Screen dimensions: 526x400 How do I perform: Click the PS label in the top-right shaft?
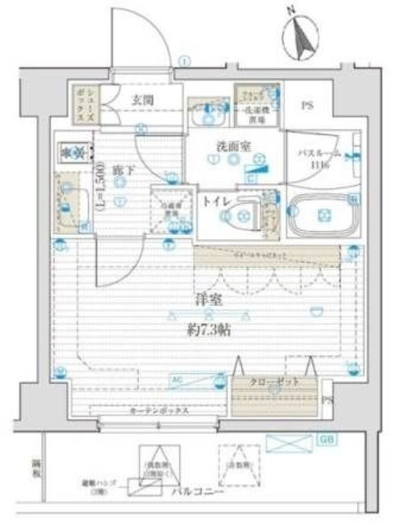click(307, 105)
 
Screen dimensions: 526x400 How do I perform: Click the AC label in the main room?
click(175, 379)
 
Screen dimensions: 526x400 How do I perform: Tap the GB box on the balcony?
click(327, 441)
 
